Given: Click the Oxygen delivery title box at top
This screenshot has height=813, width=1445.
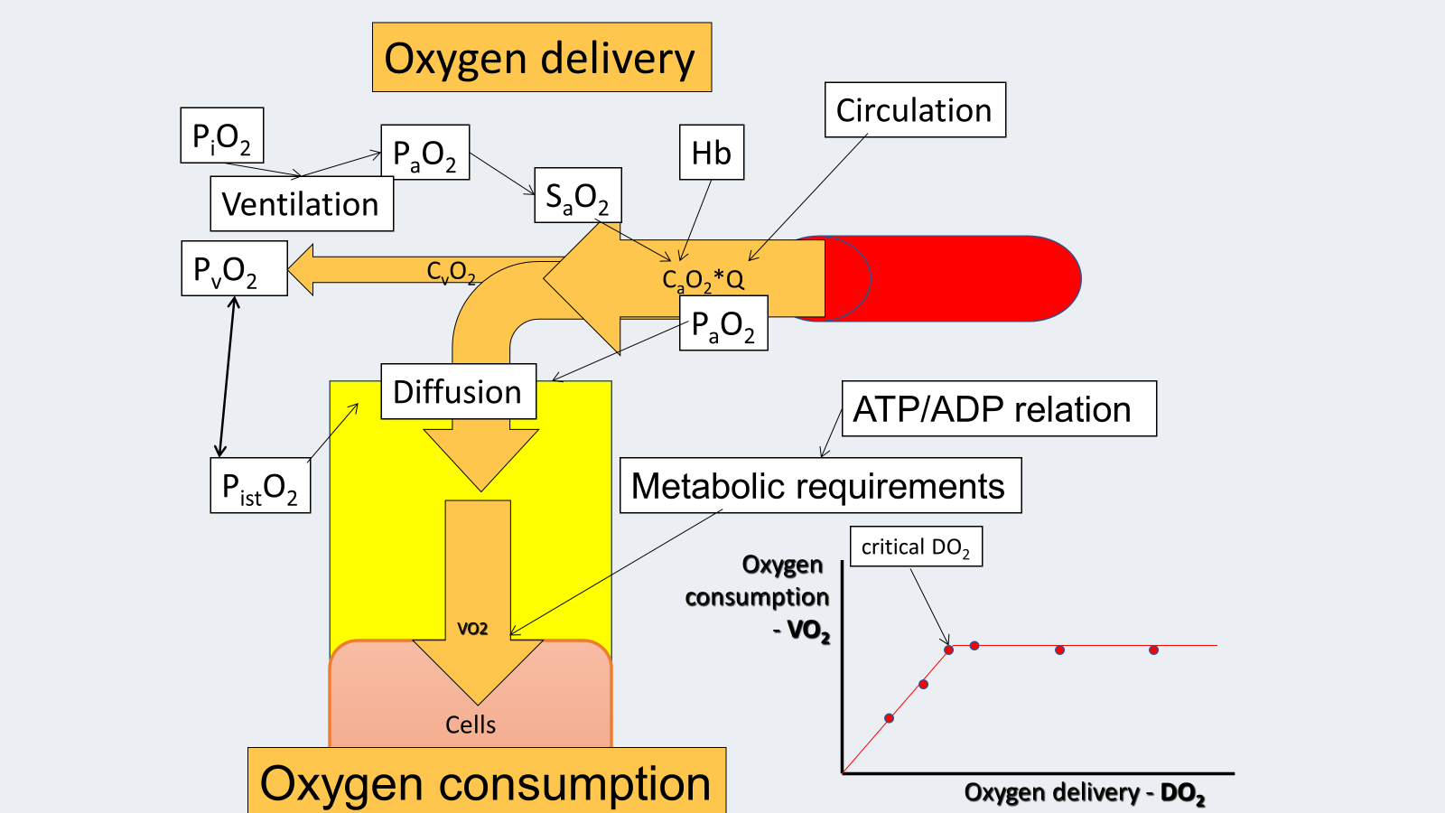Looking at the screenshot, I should pyautogui.click(x=542, y=58).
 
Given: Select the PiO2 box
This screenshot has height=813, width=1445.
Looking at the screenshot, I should pyautogui.click(x=222, y=135).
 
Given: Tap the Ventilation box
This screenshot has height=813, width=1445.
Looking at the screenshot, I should pyautogui.click(x=302, y=204).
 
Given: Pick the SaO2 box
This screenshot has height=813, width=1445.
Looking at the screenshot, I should pyautogui.click(x=578, y=196).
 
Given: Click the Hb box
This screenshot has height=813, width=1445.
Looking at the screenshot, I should pyautogui.click(x=712, y=153).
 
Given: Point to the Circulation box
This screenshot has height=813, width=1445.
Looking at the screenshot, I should pyautogui.click(x=915, y=110).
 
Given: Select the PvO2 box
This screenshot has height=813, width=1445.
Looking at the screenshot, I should pyautogui.click(x=235, y=269).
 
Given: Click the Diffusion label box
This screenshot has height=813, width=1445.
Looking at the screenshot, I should pyautogui.click(x=458, y=392).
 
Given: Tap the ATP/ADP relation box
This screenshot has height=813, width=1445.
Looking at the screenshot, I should pyautogui.click(x=999, y=409).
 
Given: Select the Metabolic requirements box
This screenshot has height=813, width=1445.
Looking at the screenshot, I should pyautogui.click(x=820, y=486).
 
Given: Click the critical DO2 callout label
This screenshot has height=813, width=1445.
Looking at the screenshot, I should pyautogui.click(x=916, y=547).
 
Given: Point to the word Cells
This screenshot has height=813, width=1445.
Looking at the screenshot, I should pyautogui.click(x=471, y=724).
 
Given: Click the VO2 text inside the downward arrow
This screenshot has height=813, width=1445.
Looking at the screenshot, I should pyautogui.click(x=472, y=629).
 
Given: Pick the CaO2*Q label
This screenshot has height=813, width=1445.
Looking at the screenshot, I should pyautogui.click(x=703, y=280).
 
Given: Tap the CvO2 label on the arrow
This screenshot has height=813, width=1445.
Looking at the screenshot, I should pyautogui.click(x=451, y=271).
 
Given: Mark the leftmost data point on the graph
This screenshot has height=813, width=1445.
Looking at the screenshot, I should pyautogui.click(x=890, y=718).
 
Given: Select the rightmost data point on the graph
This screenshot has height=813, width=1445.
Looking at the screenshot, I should pyautogui.click(x=1153, y=649).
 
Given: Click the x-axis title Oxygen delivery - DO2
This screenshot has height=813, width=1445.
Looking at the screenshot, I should pyautogui.click(x=1085, y=793).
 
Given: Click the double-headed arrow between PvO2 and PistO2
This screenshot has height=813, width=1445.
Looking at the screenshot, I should pyautogui.click(x=227, y=377).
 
